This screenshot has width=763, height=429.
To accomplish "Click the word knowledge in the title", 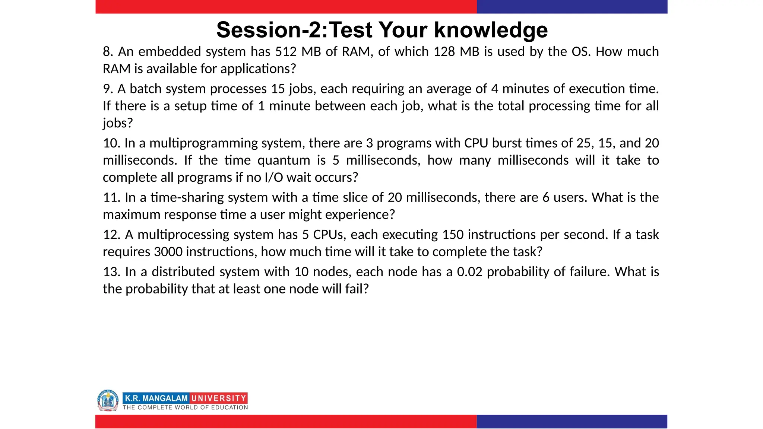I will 491,30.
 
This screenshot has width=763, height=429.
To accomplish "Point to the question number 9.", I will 108,89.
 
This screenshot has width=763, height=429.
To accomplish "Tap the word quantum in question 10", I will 284,160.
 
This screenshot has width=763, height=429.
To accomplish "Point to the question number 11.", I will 111,197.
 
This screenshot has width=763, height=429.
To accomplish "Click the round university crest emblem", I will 108,401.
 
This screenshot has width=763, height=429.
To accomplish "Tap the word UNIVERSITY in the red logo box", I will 219,398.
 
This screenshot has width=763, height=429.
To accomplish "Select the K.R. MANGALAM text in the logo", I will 156,398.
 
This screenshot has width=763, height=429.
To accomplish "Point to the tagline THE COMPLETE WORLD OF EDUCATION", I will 185,407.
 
